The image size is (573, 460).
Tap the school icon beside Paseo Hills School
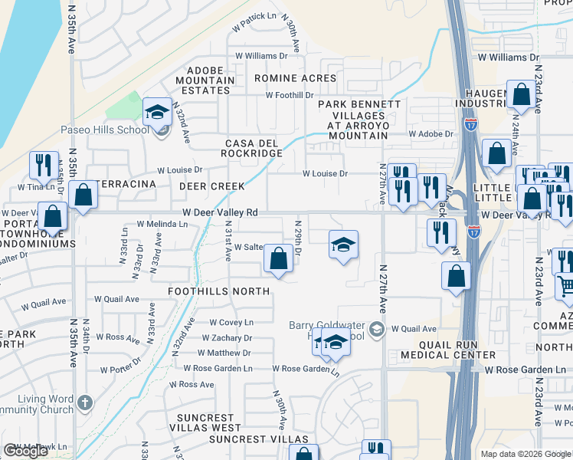pyautogui.click(x=157, y=113)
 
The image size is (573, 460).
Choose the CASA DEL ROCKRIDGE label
pyautogui.click(x=254, y=148)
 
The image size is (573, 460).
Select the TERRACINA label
pyautogui.click(x=126, y=185)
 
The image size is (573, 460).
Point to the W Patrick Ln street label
pyautogui.click(x=255, y=16)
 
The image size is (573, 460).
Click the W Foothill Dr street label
pyautogui.click(x=290, y=95)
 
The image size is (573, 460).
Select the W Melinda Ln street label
pyautogui.click(x=162, y=224)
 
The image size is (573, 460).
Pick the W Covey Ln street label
pyautogui.click(x=231, y=323)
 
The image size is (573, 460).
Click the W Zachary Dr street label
pyautogui.click(x=227, y=337)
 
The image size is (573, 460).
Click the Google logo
pyautogui.click(x=25, y=451)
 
